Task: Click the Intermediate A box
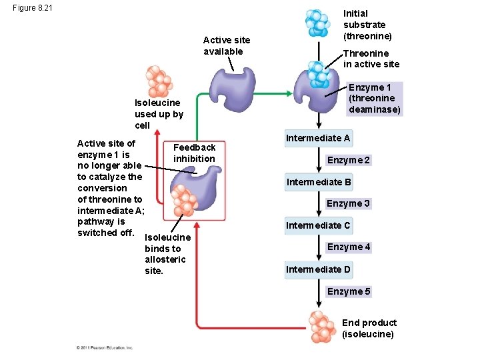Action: click(318, 139)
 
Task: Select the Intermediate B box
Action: click(319, 182)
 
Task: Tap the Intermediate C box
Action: click(318, 225)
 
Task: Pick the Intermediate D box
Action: click(318, 269)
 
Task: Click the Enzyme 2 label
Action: click(348, 160)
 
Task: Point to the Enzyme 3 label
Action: click(348, 203)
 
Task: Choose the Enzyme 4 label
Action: click(348, 247)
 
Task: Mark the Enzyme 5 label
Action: click(348, 291)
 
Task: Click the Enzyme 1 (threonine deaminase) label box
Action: click(375, 99)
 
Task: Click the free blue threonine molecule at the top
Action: click(317, 23)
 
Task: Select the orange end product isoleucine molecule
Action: click(323, 327)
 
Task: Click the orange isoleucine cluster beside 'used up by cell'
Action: click(158, 81)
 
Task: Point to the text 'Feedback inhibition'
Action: click(194, 153)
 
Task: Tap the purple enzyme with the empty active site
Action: click(231, 91)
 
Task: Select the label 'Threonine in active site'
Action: click(371, 59)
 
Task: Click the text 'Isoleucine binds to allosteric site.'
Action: click(167, 254)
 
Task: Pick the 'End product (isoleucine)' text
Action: click(369, 328)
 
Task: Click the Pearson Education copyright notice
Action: click(105, 347)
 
